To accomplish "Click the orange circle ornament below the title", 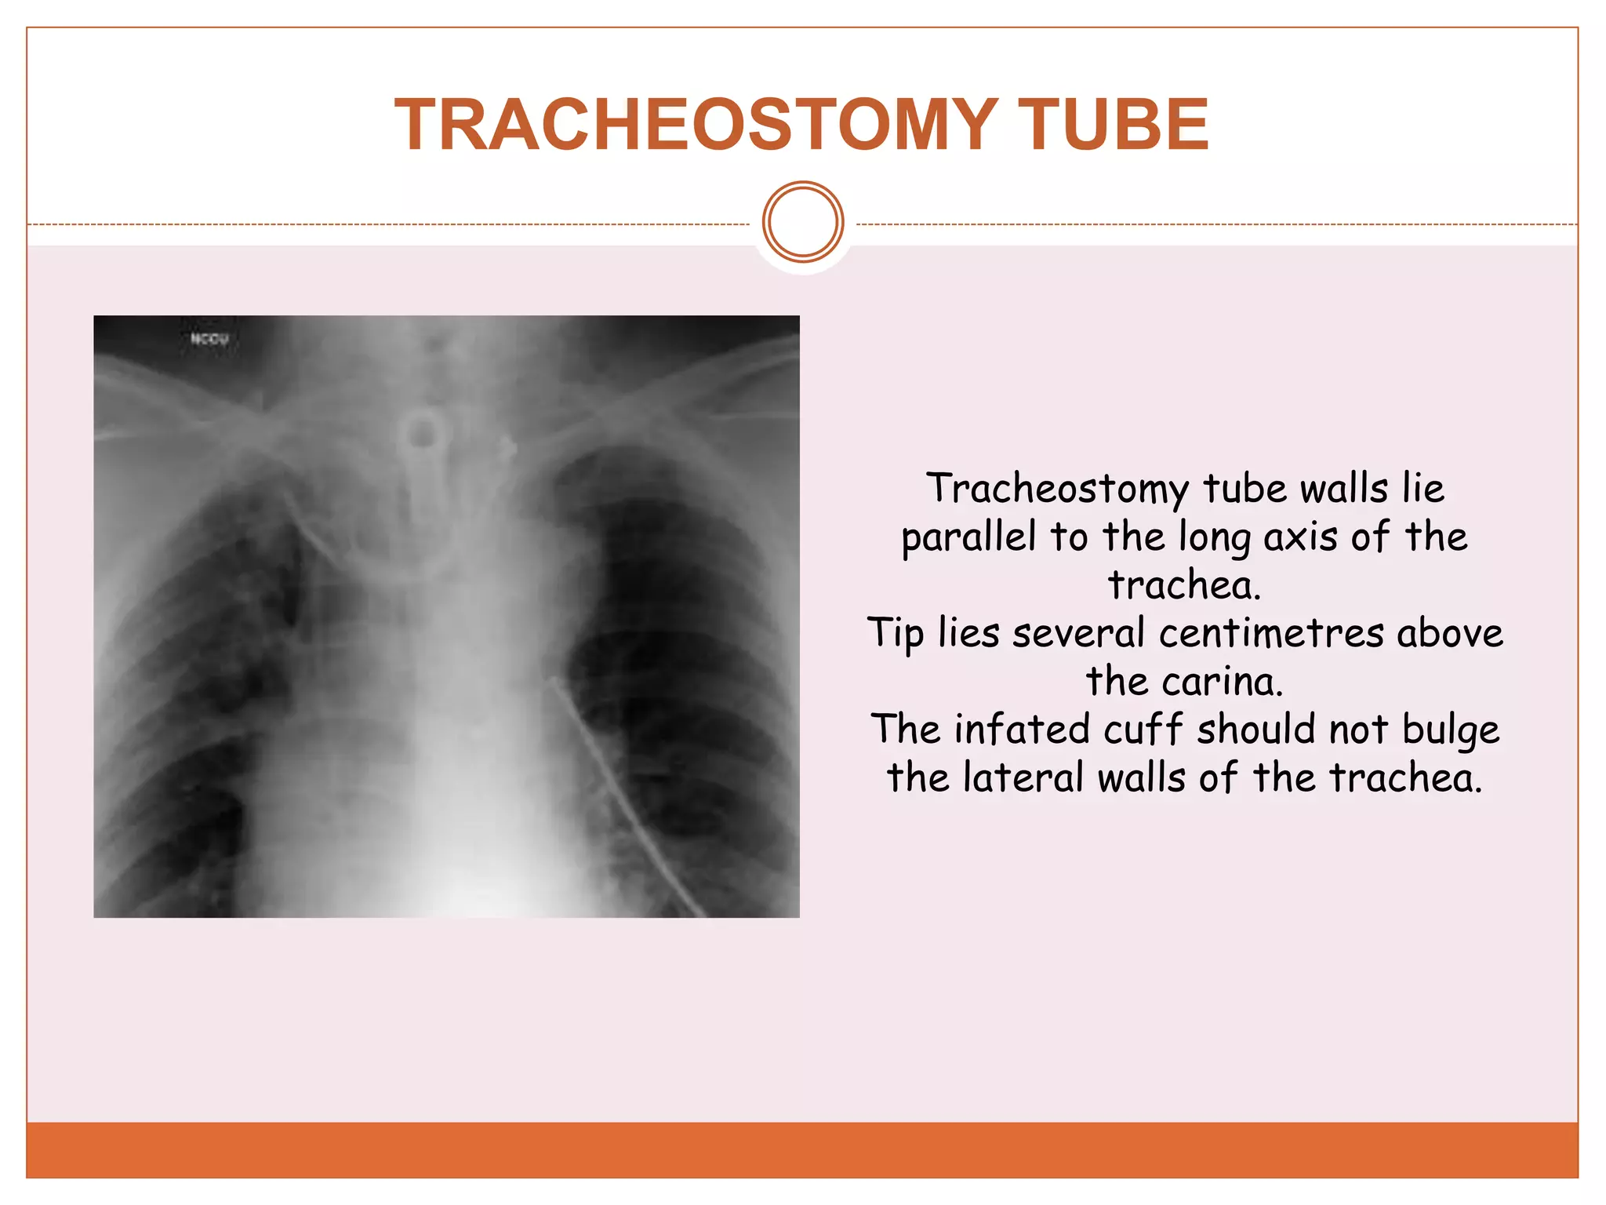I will (803, 222).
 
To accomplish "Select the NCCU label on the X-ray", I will (209, 339).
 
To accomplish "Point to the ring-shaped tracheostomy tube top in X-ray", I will (423, 431).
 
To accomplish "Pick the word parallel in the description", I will (968, 538).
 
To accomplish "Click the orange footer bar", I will (803, 1150).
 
